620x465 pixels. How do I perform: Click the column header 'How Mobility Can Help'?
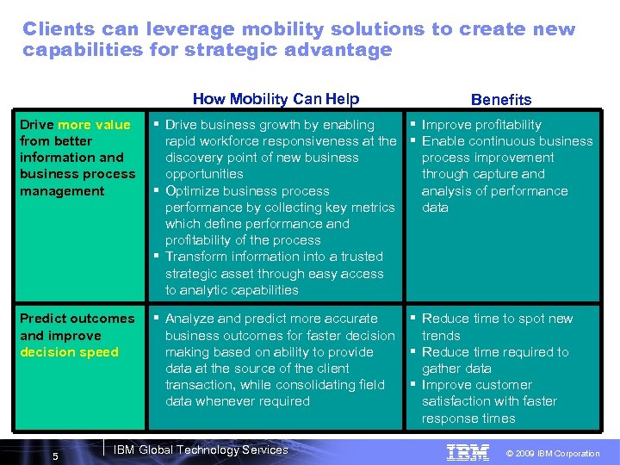tap(276, 99)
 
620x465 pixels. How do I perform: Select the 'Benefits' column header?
tap(501, 100)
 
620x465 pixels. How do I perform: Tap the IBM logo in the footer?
tap(468, 452)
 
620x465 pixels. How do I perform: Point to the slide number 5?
tap(56, 456)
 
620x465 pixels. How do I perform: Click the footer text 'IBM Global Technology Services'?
tap(201, 449)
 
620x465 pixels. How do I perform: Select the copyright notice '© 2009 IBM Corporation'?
tap(554, 453)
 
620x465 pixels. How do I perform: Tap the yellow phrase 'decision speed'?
tap(69, 352)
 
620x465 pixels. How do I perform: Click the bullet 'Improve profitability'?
tap(481, 125)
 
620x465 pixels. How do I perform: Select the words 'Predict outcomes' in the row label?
tap(77, 319)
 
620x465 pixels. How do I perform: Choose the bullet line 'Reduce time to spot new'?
tap(497, 319)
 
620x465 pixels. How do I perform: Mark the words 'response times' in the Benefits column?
tap(468, 418)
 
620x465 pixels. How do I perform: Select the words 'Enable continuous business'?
tap(507, 141)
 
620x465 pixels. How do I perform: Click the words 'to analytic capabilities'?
tap(232, 290)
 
